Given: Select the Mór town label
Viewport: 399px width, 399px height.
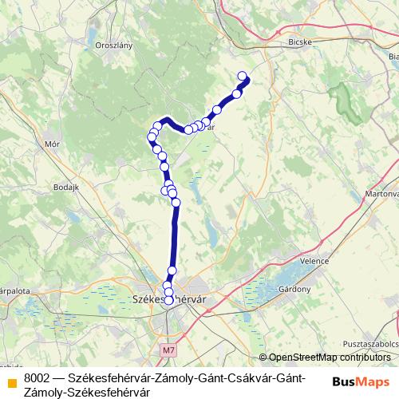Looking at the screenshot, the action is [x=53, y=144].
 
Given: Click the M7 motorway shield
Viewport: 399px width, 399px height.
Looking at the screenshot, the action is [x=167, y=350].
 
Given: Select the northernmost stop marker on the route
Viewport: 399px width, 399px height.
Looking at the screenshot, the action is [x=243, y=76].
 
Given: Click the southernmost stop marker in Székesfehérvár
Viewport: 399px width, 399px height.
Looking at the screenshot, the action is [x=168, y=300].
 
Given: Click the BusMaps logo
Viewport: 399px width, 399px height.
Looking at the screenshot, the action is [x=361, y=381].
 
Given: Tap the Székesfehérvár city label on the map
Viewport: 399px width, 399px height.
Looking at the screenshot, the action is [x=168, y=299].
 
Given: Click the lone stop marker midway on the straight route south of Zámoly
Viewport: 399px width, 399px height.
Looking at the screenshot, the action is [x=172, y=271].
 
